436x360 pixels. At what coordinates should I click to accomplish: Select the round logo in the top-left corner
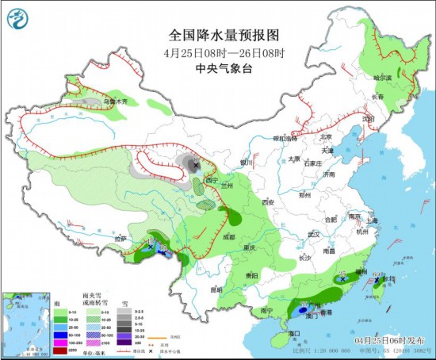(17, 17)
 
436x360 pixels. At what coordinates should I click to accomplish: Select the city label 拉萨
(120, 238)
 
